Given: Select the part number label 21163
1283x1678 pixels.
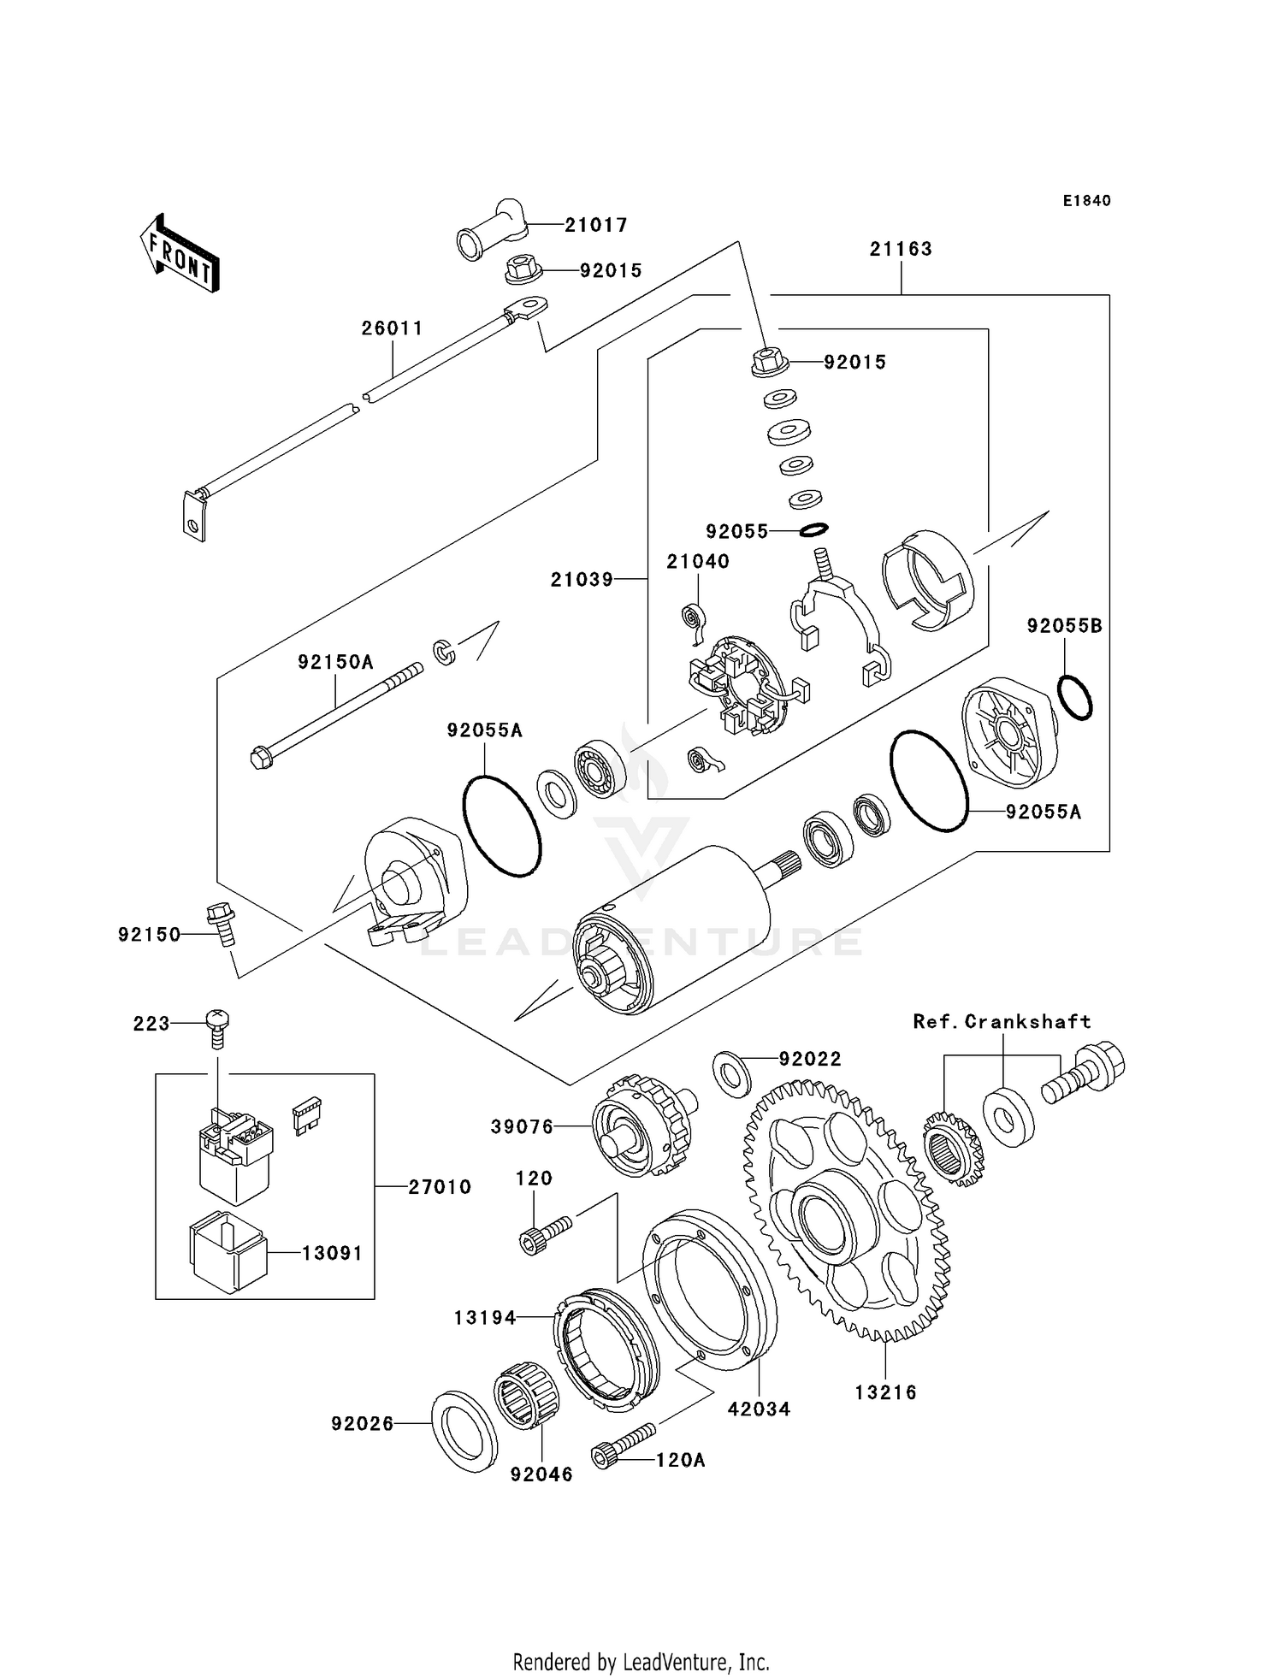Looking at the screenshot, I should [901, 249].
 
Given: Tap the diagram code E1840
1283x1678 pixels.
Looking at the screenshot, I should [1086, 201].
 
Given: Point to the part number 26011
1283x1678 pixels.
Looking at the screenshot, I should [392, 328].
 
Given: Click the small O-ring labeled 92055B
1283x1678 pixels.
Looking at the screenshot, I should [1074, 697].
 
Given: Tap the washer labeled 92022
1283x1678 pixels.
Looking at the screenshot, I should [731, 1073].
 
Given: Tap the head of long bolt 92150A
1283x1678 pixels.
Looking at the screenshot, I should [263, 758].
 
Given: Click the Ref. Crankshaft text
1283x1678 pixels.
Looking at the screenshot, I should [1002, 1021].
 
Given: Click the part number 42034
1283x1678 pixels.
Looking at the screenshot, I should [759, 1409].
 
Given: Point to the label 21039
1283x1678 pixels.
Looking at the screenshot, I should [582, 580].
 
